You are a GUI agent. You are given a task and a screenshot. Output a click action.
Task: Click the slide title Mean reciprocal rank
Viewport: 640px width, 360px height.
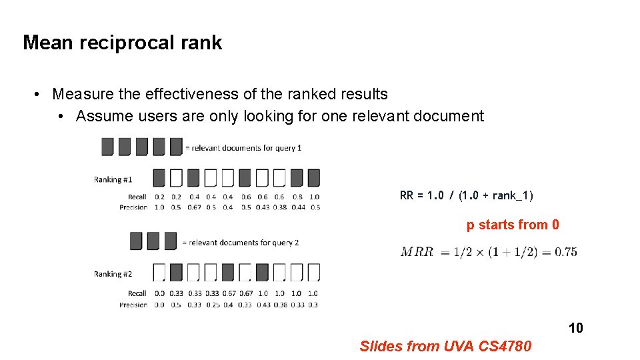122,43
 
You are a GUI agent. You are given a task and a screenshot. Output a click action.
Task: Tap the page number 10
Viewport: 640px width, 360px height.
575,327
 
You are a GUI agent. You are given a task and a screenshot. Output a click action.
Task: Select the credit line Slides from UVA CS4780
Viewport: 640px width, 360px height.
445,346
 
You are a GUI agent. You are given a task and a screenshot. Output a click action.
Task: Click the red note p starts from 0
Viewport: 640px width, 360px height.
513,225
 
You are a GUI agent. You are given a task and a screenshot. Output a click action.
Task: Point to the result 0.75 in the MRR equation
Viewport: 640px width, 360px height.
565,251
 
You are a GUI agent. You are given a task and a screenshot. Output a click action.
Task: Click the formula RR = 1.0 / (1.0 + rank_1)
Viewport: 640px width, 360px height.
466,195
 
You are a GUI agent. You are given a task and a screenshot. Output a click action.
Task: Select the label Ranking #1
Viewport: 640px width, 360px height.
113,179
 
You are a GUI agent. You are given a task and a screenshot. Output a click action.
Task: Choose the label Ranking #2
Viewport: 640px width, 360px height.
113,274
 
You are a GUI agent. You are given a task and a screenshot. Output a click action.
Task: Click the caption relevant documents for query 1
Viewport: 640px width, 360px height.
243,147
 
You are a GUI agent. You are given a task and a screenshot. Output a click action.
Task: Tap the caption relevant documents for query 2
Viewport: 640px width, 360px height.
241,243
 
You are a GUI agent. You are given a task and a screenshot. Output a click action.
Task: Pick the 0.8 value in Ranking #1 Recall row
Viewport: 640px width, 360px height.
297,197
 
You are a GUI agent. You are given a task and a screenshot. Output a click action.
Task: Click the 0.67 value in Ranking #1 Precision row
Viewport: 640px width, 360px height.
194,207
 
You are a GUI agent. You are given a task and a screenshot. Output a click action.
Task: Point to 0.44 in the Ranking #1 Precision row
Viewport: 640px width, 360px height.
297,207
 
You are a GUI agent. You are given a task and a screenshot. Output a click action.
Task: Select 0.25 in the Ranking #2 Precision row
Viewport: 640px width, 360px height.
211,305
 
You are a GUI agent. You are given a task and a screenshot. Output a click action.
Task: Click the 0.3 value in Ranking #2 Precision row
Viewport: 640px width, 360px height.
313,305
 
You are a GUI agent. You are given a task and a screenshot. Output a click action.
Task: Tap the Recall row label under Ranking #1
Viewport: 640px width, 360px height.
137,197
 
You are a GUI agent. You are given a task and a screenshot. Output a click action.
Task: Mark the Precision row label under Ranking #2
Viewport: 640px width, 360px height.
133,305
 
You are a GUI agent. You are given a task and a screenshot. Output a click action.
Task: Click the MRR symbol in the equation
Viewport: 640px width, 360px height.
417,251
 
